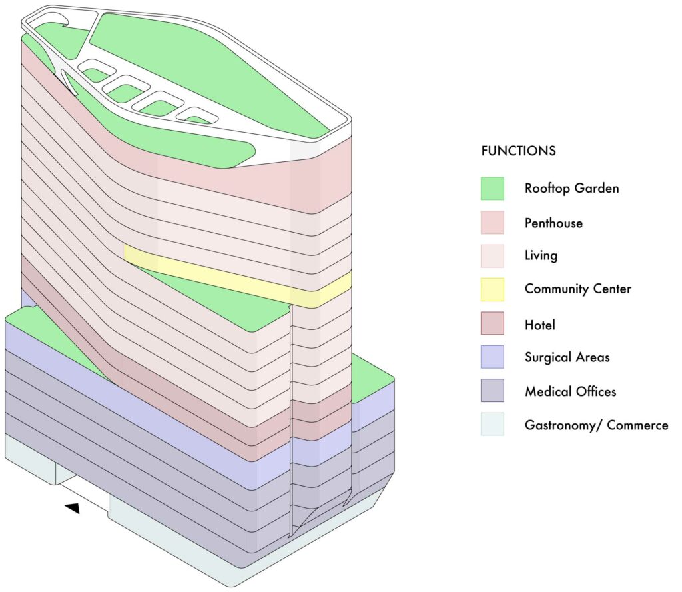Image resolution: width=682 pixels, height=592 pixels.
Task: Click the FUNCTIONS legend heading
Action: tap(518, 151)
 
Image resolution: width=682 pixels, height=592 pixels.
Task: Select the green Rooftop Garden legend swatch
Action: tap(492, 189)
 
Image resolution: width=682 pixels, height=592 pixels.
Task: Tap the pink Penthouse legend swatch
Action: tap(492, 223)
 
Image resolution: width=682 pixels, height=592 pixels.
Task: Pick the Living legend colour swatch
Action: tap(492, 256)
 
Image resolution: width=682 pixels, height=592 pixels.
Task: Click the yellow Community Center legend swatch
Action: tap(492, 289)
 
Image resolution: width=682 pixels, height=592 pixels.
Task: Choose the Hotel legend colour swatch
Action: tap(492, 323)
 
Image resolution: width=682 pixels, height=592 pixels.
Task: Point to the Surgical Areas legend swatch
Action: tap(492, 357)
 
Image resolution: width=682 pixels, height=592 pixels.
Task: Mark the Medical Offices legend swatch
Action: tap(492, 391)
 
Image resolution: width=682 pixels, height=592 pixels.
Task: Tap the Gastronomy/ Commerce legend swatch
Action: tap(492, 424)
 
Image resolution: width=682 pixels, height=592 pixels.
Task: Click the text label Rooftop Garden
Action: tap(571, 188)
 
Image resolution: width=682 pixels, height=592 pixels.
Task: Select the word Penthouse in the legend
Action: tap(553, 223)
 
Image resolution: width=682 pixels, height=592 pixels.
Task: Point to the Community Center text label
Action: tap(578, 289)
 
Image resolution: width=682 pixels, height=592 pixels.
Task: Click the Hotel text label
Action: tap(539, 325)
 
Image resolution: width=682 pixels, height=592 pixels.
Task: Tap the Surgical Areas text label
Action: tap(567, 357)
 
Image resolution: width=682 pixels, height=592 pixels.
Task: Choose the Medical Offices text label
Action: tap(571, 391)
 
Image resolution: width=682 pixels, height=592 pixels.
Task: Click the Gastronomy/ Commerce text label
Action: tap(596, 425)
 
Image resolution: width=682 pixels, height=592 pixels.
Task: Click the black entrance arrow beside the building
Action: tap(73, 508)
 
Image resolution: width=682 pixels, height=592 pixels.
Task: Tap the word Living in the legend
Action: tap(541, 255)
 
